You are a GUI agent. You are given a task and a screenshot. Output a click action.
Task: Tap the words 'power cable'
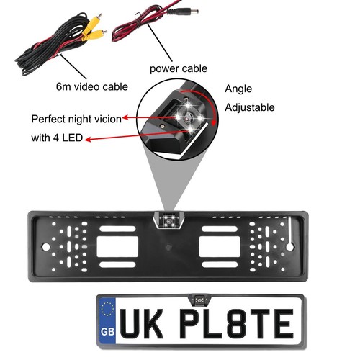click(x=179, y=68)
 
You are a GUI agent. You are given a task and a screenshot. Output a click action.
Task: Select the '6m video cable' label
click(x=92, y=86)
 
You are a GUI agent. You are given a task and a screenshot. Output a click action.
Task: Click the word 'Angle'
click(x=238, y=89)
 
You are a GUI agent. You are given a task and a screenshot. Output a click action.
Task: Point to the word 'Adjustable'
click(x=250, y=107)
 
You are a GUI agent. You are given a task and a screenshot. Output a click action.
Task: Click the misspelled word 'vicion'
click(x=107, y=119)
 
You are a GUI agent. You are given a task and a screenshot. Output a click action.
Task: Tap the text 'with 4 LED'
click(x=57, y=138)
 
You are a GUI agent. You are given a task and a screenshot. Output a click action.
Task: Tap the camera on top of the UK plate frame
click(x=199, y=300)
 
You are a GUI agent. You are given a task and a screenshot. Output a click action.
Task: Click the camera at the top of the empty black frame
click(x=169, y=220)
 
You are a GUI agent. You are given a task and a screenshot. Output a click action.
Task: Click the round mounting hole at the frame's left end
click(x=45, y=246)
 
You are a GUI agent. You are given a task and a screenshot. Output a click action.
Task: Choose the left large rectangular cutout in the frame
click(x=117, y=246)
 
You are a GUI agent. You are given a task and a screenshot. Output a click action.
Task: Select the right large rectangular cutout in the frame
click(x=220, y=246)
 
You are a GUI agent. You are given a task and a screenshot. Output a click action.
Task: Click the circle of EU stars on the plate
click(x=107, y=309)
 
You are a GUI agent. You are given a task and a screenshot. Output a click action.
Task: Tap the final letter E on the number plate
click(x=284, y=323)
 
